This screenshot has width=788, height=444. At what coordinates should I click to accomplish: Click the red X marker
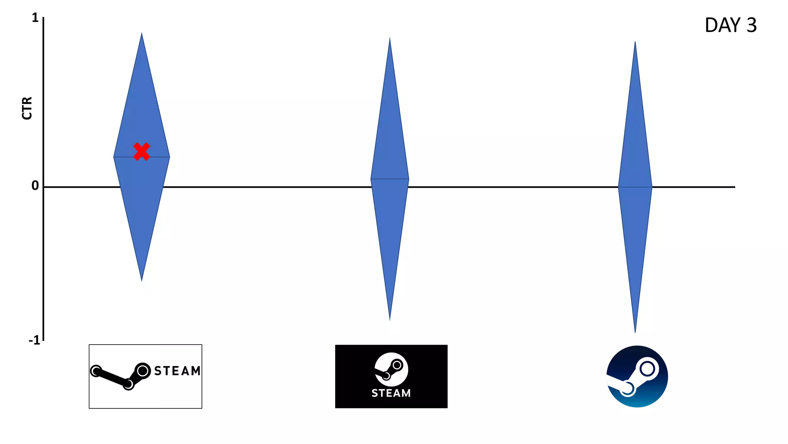click(x=142, y=151)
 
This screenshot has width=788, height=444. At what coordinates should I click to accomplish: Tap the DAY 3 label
click(x=730, y=25)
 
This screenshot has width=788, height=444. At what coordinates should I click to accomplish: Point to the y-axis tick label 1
click(x=35, y=18)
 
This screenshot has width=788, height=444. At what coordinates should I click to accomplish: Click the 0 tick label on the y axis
click(x=35, y=186)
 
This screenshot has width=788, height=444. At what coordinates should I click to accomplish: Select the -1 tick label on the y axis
click(x=34, y=340)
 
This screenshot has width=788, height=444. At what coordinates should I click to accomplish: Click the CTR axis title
click(x=27, y=108)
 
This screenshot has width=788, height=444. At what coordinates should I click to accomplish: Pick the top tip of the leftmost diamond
click(x=142, y=34)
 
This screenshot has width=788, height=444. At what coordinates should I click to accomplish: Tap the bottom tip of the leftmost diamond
click(x=142, y=280)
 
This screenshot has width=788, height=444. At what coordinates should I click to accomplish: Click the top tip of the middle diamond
click(x=390, y=38)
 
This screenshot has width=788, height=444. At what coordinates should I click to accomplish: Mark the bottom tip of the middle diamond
click(x=390, y=320)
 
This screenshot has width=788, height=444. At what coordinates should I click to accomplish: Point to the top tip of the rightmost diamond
click(x=635, y=42)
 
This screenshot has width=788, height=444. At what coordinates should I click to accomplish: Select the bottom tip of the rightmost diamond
click(x=635, y=331)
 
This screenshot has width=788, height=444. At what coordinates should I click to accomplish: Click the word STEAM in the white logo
click(x=177, y=371)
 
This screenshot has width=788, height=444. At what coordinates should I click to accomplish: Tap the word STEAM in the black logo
click(x=391, y=393)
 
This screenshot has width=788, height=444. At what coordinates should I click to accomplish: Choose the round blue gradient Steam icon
click(x=637, y=377)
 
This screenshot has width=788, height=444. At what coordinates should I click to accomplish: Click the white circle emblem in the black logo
click(x=391, y=369)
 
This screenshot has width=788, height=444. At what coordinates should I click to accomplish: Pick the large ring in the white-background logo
click(x=143, y=371)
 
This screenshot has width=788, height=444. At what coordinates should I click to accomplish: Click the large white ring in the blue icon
click(x=647, y=369)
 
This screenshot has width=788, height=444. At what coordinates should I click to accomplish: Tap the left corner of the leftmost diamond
click(x=114, y=157)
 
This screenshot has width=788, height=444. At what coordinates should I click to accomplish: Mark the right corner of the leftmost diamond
click(x=169, y=157)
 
